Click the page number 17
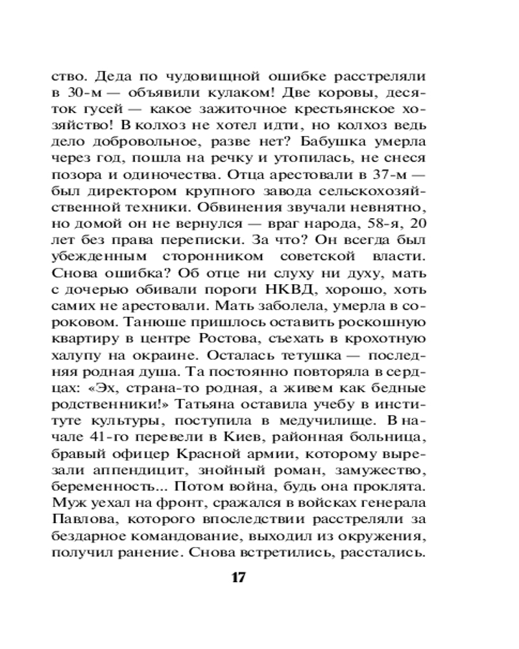[x=239, y=578]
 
